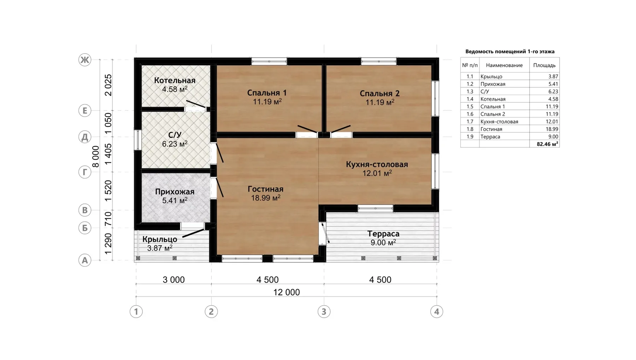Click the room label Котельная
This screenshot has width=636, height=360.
pos(175,81)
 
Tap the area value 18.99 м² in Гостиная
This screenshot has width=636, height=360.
pos(266,198)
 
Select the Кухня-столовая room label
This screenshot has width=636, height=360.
pos(377,164)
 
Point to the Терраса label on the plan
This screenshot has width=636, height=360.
pos(383,234)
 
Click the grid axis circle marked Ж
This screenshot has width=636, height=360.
pos(85,60)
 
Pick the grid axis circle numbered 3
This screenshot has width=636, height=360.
pos(324,312)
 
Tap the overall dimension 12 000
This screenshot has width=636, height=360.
pos(287,292)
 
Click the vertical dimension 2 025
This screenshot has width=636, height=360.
pos(108,85)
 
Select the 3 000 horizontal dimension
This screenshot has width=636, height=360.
pos(173,280)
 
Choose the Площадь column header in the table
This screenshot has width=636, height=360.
pos(544,65)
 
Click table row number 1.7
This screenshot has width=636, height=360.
pos(470,122)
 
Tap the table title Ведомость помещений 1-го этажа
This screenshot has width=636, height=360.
pos(510,52)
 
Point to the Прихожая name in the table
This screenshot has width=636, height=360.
pos(493,84)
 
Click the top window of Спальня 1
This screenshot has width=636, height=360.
pos(269,61)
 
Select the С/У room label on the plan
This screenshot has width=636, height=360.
pos(175,135)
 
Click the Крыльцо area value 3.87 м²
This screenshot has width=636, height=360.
pos(160,248)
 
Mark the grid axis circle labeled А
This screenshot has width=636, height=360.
pos(85,260)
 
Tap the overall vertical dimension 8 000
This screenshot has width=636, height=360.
pos(95,157)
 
